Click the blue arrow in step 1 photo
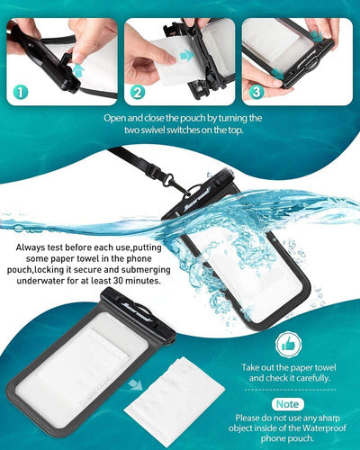(x=79, y=68)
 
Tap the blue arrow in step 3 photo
(x=316, y=37)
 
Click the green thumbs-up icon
(x=288, y=343)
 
